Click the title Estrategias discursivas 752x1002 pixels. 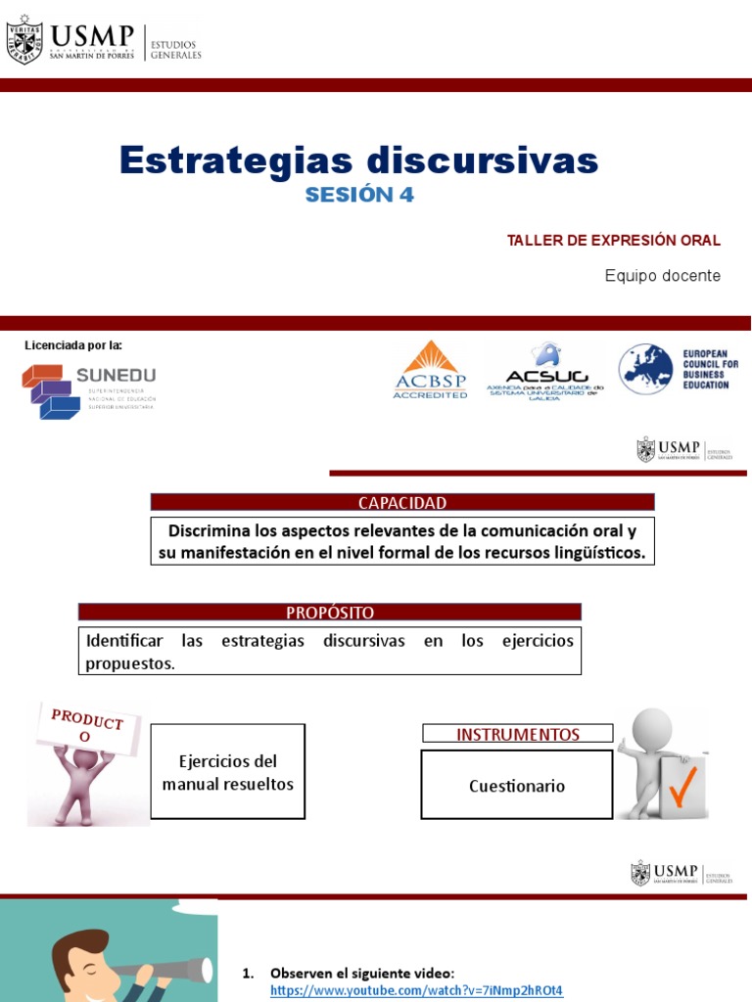pos(358,159)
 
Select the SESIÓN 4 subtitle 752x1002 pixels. pos(359,195)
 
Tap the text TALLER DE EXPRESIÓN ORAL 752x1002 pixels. pos(613,241)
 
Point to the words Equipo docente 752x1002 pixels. pos(662,276)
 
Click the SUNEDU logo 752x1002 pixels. pos(88,390)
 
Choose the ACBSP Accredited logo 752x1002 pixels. pos(430,370)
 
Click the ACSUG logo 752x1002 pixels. pos(545,370)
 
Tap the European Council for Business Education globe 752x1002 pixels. pos(645,369)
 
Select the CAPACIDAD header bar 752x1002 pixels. pos(401,503)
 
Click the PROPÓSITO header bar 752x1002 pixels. pos(330,613)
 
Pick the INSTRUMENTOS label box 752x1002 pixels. pos(517,734)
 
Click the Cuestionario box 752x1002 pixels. pos(517,786)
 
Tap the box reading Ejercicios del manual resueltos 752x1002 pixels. pos(227,772)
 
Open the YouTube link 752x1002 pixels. pos(417,989)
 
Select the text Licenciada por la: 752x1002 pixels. pos(73,345)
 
